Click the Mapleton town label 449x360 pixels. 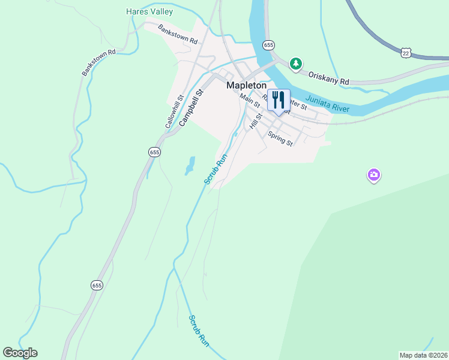pos(246,85)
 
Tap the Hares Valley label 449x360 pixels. pos(149,11)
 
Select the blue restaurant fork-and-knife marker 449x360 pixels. pos(278,100)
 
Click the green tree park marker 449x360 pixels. pos(295,63)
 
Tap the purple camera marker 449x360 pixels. pos(373,175)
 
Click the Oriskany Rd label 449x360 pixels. pos(328,77)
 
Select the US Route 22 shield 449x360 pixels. pos(406,53)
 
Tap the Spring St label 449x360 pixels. pos(280,139)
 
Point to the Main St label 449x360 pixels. pos(250,100)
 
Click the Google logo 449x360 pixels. pos(20,353)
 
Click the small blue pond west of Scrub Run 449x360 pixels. pos(190,166)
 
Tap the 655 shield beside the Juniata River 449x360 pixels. pos(268,45)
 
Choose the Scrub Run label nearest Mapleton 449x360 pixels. pos(215,170)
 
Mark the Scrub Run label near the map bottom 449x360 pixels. pos(199,331)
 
